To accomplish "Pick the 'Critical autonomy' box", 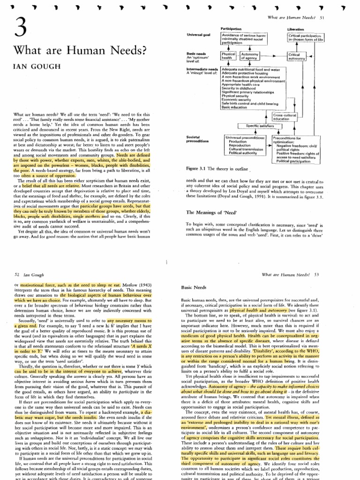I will pos(298,56).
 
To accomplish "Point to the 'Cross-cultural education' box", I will pos(282,117).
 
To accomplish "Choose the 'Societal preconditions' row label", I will pos(200,139).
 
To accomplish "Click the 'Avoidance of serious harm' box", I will pos(240,39).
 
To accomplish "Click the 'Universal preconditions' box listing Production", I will pos(244,146).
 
